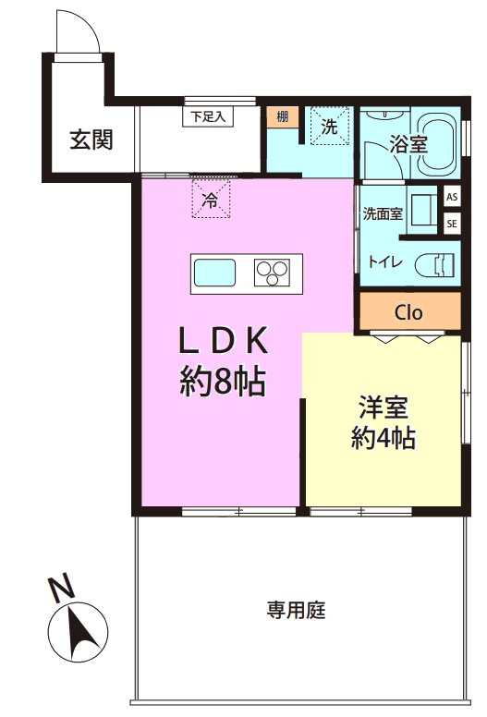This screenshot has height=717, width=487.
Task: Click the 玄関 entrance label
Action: [x=91, y=140]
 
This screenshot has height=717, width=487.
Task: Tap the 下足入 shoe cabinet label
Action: [x=208, y=116]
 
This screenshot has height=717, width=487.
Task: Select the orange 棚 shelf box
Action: [x=283, y=117]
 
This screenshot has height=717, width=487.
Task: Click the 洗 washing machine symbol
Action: [x=329, y=127]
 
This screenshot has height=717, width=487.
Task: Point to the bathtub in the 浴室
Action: [x=437, y=142]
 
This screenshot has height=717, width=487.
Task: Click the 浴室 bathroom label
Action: [x=408, y=144]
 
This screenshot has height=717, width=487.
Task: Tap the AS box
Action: [x=452, y=198]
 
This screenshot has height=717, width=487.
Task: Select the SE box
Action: [x=452, y=224]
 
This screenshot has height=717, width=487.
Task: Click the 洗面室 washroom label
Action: [x=383, y=213]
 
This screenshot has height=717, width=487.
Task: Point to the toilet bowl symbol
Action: [x=434, y=265]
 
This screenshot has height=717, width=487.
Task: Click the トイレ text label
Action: [x=385, y=262]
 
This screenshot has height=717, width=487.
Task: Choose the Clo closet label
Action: [x=408, y=313]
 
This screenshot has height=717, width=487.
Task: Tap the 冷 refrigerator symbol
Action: [x=211, y=199]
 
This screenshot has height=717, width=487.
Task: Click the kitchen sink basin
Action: [x=215, y=273]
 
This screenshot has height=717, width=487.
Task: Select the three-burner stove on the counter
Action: [x=272, y=273]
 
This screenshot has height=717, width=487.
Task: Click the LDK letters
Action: [x=223, y=341]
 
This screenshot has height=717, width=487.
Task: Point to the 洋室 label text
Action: [x=384, y=407]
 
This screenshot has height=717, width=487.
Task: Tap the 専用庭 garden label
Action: [x=297, y=610]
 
